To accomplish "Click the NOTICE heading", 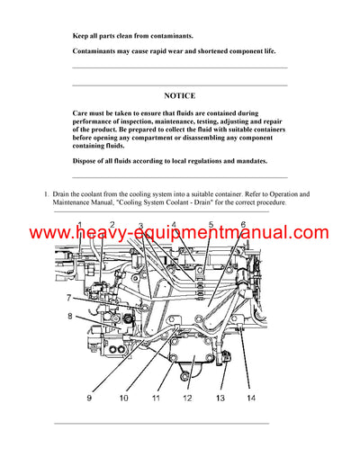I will click(x=179, y=95).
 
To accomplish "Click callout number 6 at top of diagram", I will click(x=242, y=224).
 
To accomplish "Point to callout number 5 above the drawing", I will click(x=211, y=224).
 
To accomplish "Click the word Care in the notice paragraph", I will click(x=81, y=113).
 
